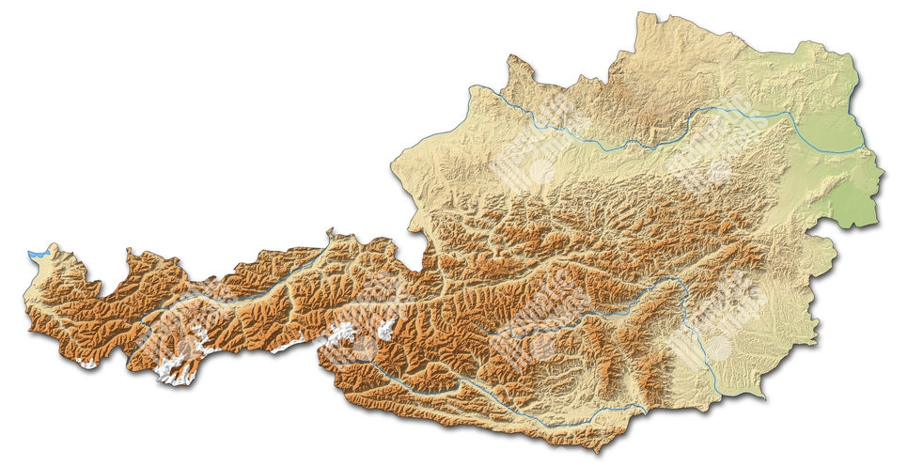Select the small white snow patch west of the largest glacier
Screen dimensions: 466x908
pyautogui.click(x=89, y=363)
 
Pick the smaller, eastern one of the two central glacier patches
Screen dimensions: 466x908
pyautogui.click(x=385, y=329)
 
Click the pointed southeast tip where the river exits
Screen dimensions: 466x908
pyautogui.click(x=763, y=397)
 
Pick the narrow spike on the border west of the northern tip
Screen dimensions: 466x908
pyautogui.click(x=511, y=58)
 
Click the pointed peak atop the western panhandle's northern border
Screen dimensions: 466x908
pyautogui.click(x=330, y=230)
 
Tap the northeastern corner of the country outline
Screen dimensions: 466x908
pyautogui.click(x=852, y=47)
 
